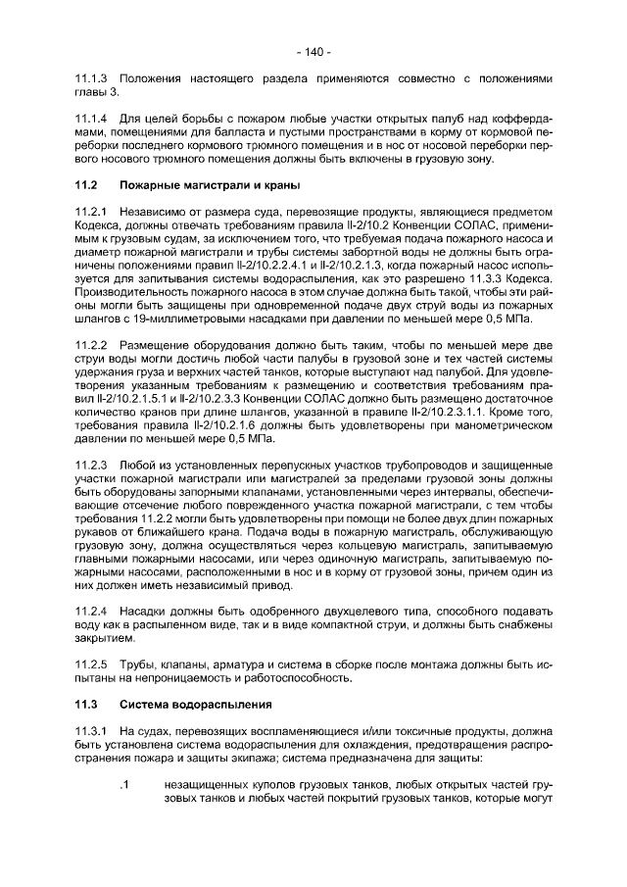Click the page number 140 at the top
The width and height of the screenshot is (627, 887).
[x=313, y=51]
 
